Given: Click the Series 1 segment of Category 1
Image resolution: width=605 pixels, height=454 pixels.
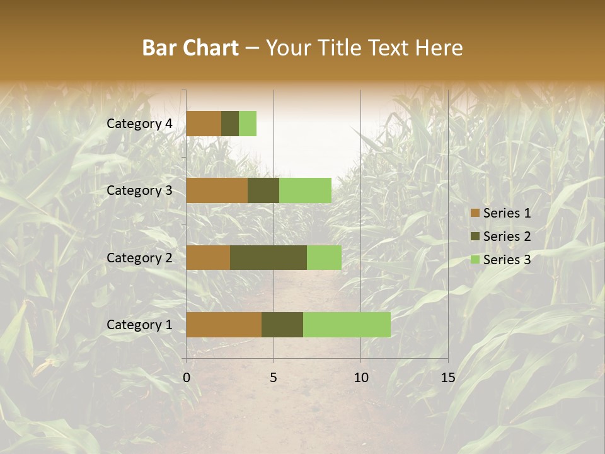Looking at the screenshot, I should tap(224, 324).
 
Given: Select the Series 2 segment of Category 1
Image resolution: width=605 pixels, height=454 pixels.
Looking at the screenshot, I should tap(282, 324).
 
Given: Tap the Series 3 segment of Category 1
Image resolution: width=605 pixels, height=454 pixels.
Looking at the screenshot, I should tap(347, 324).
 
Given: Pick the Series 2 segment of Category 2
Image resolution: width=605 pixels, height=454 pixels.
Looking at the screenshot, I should tap(268, 257).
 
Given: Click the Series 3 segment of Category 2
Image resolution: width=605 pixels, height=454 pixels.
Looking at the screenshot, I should tap(324, 257).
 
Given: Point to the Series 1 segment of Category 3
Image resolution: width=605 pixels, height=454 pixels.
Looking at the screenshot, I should tap(217, 190).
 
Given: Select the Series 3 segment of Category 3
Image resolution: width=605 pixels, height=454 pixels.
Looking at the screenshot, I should tap(305, 190).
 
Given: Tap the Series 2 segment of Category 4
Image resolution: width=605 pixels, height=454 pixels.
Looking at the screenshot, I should tap(230, 124).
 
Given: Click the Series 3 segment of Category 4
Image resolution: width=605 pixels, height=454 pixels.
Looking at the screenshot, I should tap(248, 124).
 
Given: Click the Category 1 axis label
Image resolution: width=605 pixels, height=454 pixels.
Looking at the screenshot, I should tap(139, 325).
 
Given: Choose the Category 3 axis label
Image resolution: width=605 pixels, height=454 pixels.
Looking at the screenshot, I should tap(139, 190).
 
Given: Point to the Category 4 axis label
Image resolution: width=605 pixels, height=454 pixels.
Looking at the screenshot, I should tap(139, 124).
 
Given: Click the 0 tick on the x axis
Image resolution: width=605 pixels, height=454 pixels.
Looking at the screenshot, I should tap(187, 378).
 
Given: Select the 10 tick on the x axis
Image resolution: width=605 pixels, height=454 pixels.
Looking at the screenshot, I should tap(360, 378).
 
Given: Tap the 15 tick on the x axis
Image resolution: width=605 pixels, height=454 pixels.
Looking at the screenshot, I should tap(447, 378).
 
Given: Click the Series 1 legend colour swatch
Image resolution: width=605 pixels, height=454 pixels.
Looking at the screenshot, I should tap(475, 213).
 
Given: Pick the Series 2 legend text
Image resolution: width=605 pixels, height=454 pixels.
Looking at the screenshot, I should tap(507, 236).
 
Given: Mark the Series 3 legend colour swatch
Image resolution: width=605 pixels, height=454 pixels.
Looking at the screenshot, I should tap(475, 260).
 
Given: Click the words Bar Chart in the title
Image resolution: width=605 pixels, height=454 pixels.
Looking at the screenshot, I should tap(190, 48).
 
